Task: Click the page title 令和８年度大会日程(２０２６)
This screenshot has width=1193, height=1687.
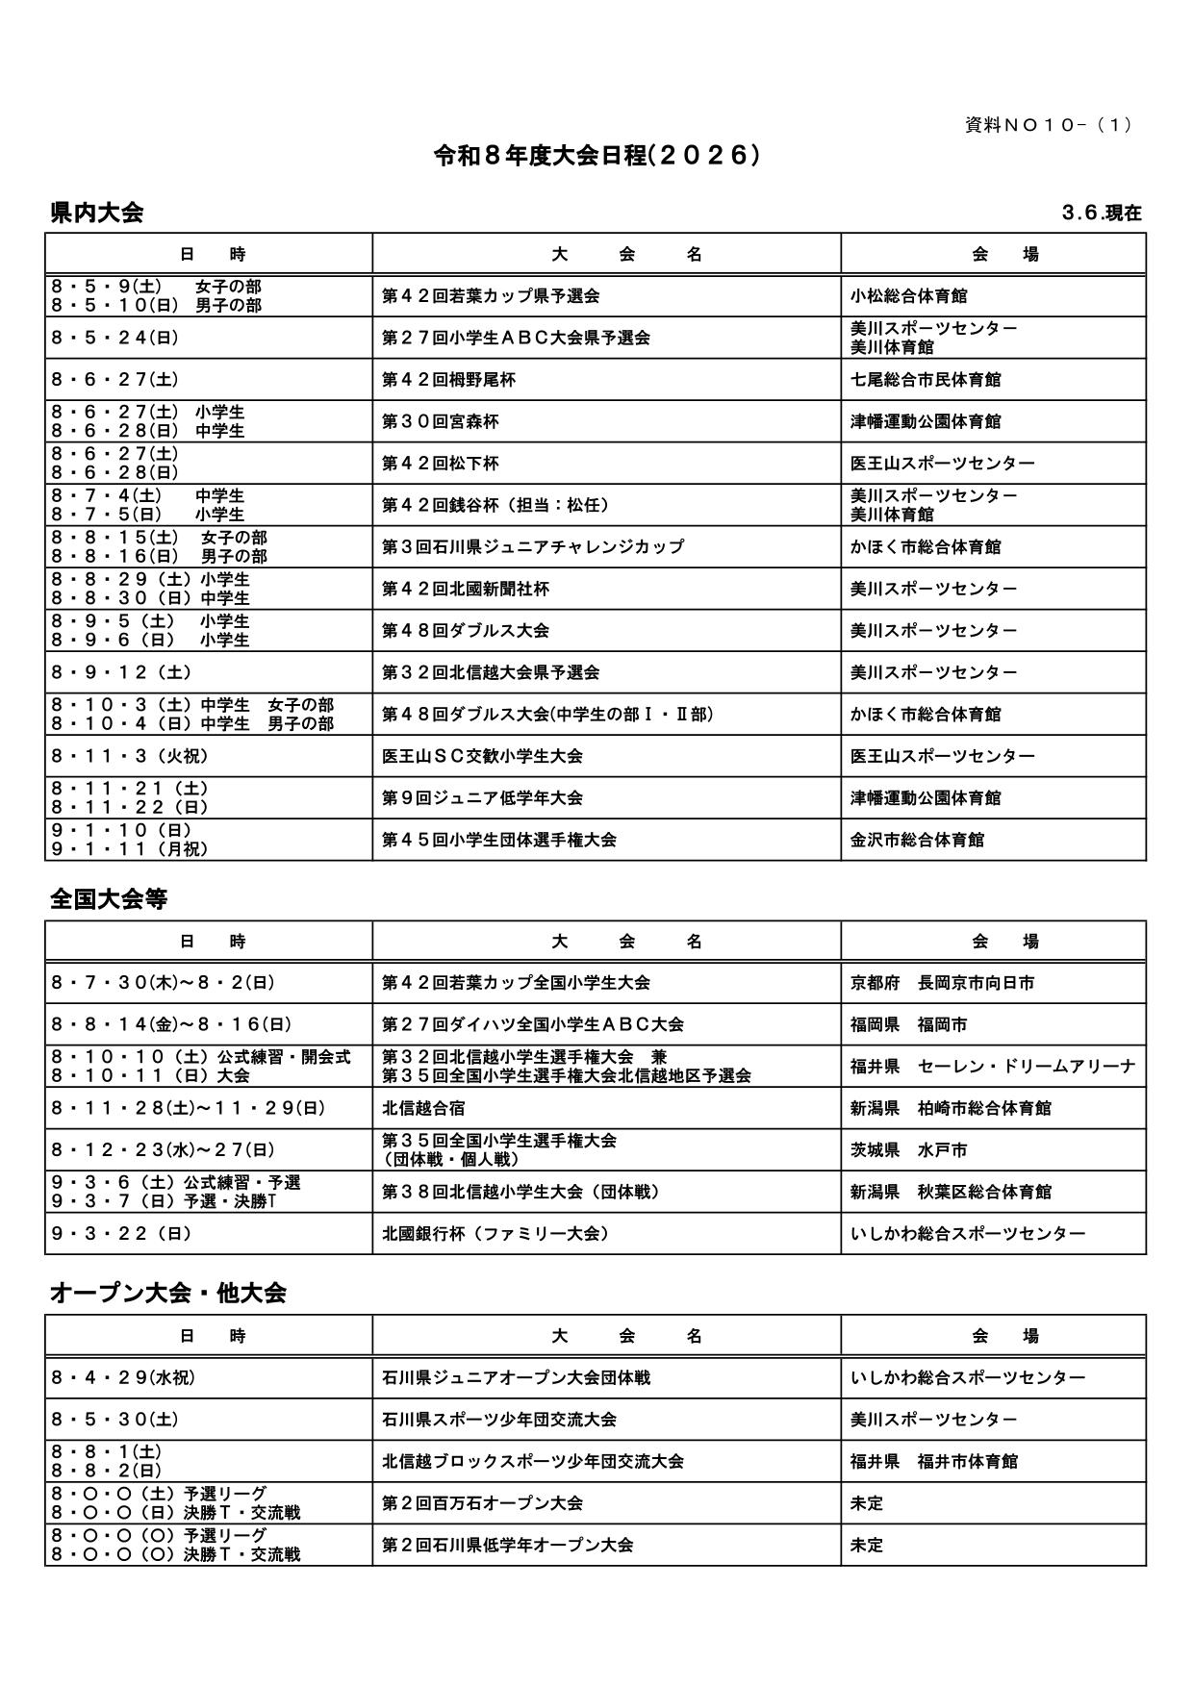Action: click(x=596, y=156)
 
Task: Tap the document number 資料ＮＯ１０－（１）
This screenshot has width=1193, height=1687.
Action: click(x=1049, y=125)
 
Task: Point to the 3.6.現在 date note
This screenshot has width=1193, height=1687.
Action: click(x=1102, y=214)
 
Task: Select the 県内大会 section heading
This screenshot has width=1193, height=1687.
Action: click(x=96, y=214)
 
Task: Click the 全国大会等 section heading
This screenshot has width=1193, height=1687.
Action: click(x=109, y=899)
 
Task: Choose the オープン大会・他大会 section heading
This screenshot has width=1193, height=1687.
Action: click(x=168, y=1293)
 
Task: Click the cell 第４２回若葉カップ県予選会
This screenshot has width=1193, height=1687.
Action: click(x=491, y=296)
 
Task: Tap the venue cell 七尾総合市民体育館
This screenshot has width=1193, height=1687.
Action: click(x=925, y=380)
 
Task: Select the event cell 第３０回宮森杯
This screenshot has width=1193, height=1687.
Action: click(x=441, y=421)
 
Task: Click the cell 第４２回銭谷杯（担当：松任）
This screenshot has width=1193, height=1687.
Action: click(x=495, y=505)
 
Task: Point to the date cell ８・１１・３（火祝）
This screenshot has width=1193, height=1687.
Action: click(x=130, y=756)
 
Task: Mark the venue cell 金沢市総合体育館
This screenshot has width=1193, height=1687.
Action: click(x=917, y=840)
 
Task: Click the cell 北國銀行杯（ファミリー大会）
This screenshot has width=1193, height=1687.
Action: click(x=495, y=1233)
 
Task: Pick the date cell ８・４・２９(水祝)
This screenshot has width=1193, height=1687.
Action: click(x=123, y=1377)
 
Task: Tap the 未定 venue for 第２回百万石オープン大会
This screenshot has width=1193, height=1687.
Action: click(x=867, y=1502)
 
